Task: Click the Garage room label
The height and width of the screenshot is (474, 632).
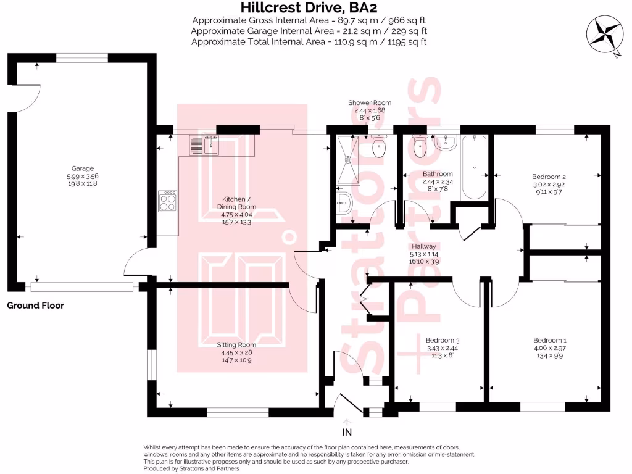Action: pos(82,168)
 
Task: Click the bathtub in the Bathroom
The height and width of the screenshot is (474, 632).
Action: pos(474,167)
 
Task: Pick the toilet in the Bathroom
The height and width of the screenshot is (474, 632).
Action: pos(420,146)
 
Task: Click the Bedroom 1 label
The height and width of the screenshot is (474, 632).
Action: pos(549,340)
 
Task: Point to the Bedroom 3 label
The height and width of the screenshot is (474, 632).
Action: pos(443,340)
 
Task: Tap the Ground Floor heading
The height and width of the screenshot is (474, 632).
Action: pos(36,306)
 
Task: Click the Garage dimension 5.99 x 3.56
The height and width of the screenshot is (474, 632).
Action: pos(82,176)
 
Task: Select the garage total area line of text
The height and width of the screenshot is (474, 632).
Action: pos(309,30)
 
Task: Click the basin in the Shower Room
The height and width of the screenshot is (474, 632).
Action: pos(345,200)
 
